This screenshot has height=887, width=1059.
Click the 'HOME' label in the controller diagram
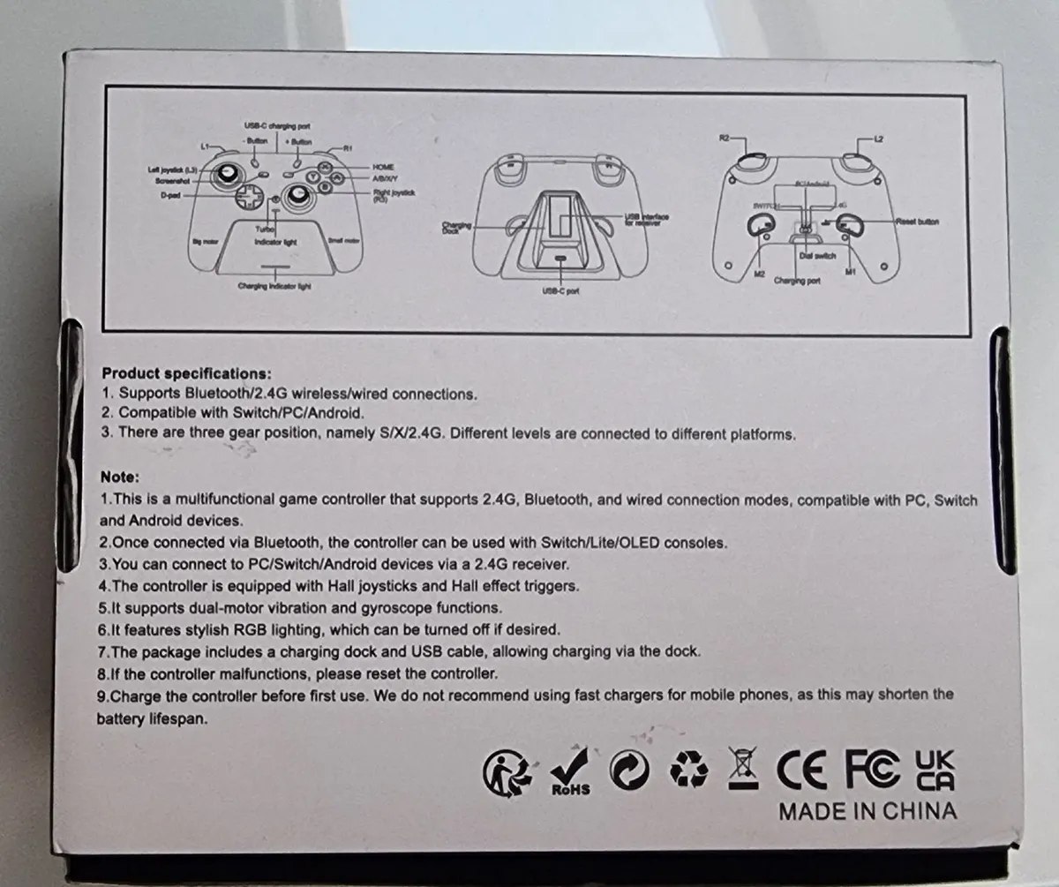tap(383, 167)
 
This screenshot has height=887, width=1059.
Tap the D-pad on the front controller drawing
tap(252, 196)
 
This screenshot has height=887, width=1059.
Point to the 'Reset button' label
tap(917, 222)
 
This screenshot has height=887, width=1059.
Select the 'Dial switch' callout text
tap(817, 256)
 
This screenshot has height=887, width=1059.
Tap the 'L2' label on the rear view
tap(877, 139)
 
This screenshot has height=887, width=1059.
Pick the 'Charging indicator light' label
tap(275, 286)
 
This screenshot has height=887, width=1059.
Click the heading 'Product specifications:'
tap(186, 373)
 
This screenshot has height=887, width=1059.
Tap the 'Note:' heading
tap(120, 477)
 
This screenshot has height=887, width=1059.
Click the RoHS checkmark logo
tap(570, 770)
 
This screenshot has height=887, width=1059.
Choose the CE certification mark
tap(801, 771)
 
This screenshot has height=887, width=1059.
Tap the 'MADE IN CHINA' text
tap(867, 811)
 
